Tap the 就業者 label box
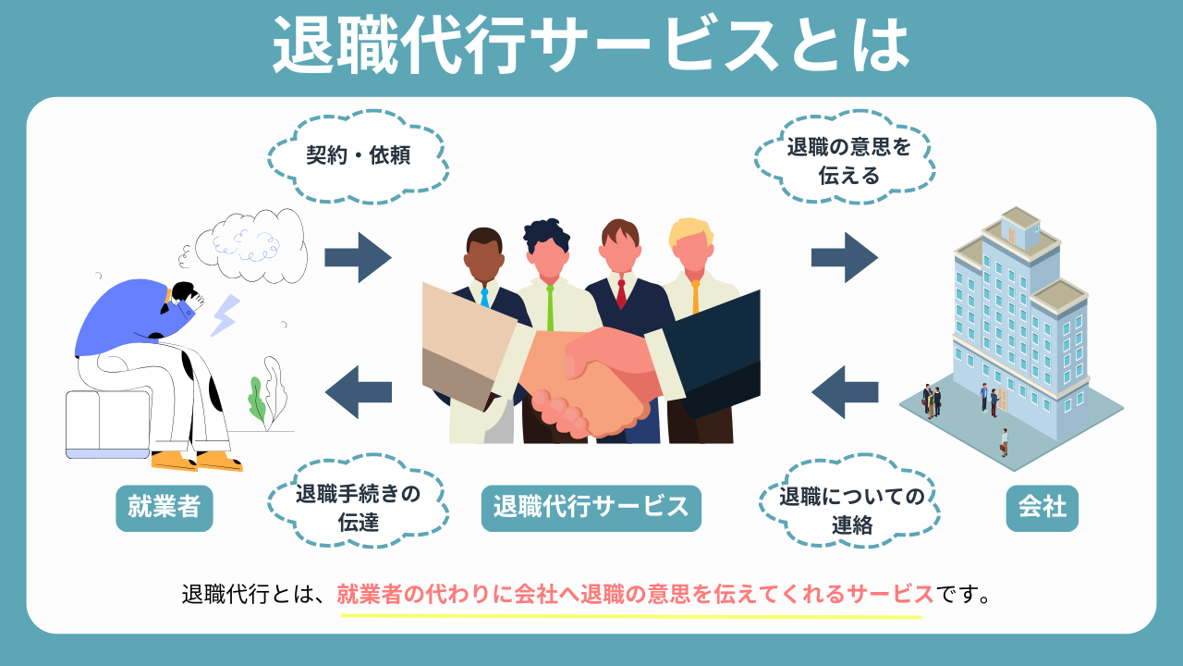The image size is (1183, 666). click(165, 507)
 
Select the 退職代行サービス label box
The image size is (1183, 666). click(591, 507)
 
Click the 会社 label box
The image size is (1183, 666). click(1042, 507)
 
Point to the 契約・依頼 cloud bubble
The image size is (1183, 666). click(358, 154)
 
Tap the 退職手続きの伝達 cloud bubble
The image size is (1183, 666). click(358, 507)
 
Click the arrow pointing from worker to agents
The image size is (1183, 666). click(358, 257)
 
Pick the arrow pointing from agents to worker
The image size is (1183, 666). click(358, 391)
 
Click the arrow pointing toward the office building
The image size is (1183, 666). click(844, 257)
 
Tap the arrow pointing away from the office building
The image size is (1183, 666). click(844, 391)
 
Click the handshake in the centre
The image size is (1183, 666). click(591, 379)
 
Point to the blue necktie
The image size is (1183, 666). click(484, 298)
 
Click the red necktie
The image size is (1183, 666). click(621, 293)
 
